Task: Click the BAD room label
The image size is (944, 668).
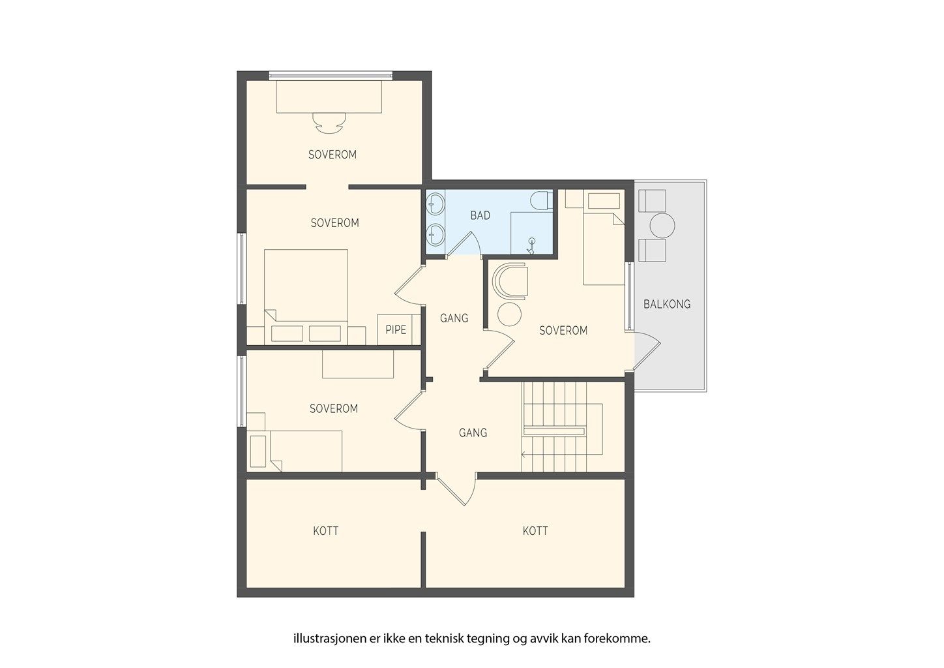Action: tap(480, 215)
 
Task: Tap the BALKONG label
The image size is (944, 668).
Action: tap(667, 304)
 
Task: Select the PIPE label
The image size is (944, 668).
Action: tap(396, 330)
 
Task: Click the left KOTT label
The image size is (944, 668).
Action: tap(326, 531)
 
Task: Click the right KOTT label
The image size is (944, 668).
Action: tap(535, 531)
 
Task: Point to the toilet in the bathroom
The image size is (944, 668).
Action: tap(541, 201)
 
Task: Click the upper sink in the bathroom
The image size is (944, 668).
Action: tap(435, 204)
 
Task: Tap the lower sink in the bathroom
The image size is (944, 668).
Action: tap(435, 234)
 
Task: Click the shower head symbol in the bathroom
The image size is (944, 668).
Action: tap(531, 246)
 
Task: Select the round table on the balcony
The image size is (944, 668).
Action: tap(662, 226)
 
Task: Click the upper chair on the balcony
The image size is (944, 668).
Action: tap(653, 201)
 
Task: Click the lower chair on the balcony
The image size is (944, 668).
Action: tap(653, 250)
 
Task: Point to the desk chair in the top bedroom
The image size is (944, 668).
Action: tap(329, 123)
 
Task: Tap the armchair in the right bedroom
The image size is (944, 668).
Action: tap(510, 281)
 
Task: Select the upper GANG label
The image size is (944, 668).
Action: tap(454, 318)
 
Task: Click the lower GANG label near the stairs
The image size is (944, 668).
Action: tap(473, 433)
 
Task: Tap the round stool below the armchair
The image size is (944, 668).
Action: tap(510, 314)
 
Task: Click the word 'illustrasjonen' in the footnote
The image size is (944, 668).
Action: tap(329, 639)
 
